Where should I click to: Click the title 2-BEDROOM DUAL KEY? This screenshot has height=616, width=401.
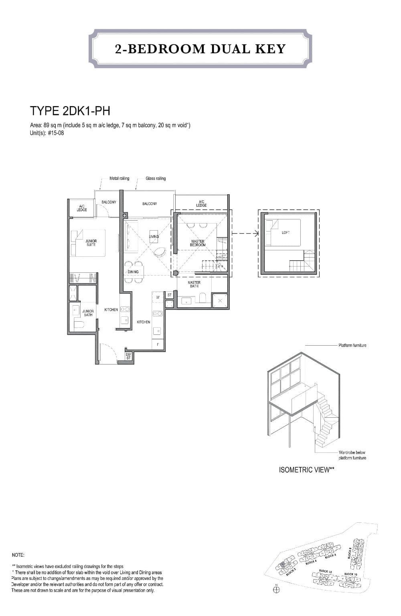click(200, 49)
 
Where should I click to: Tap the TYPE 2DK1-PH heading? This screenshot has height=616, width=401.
click(70, 111)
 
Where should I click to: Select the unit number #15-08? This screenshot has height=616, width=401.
click(55, 133)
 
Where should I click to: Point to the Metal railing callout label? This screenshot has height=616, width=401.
click(119, 178)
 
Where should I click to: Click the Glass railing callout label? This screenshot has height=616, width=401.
click(156, 178)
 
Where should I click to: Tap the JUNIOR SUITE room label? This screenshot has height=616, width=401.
click(91, 243)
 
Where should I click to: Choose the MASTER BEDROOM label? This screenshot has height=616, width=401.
click(198, 243)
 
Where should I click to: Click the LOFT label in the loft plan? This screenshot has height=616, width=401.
click(286, 232)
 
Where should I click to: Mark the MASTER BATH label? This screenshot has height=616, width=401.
click(194, 284)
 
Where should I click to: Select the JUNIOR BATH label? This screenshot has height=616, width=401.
click(88, 313)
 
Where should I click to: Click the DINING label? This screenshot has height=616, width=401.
click(133, 272)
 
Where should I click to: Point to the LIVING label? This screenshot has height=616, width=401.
click(154, 236)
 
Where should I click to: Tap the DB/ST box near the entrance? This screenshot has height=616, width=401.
click(128, 356)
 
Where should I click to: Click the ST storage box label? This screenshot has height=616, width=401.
click(169, 295)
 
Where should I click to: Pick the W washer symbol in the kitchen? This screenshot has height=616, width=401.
click(158, 297)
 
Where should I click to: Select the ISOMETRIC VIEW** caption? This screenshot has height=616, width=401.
click(306, 470)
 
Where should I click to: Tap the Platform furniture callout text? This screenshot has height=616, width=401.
click(352, 345)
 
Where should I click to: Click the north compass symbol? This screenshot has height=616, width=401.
click(276, 589)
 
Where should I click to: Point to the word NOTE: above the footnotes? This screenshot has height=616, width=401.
click(18, 555)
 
